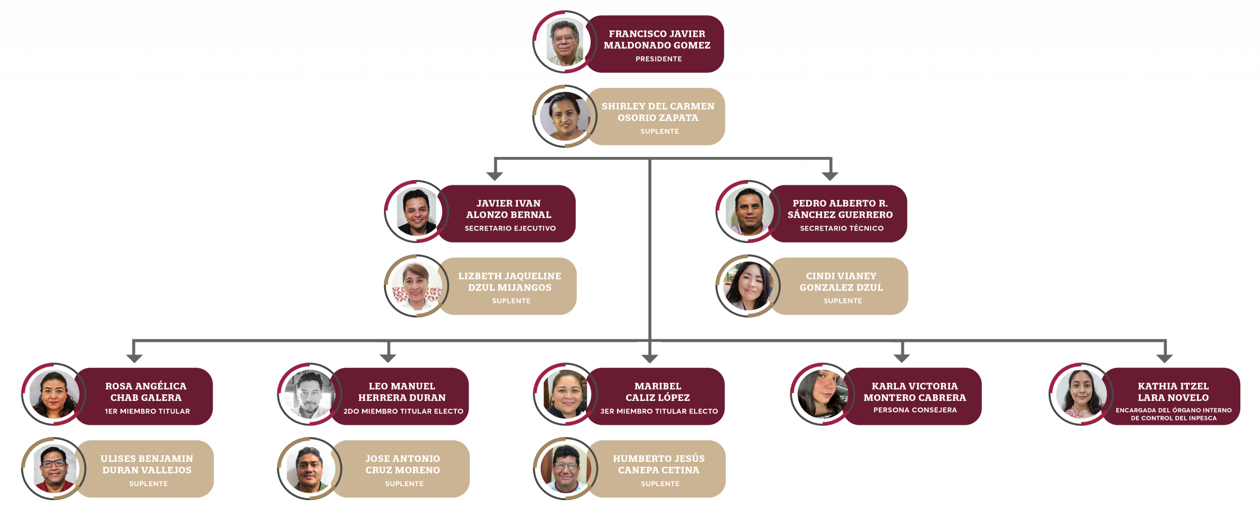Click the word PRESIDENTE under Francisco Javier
click(x=659, y=59)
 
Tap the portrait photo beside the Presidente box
click(x=565, y=42)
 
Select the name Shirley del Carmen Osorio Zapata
click(x=658, y=112)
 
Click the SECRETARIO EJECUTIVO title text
click(x=510, y=228)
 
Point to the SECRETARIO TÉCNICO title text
click(x=841, y=228)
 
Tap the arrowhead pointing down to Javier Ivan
click(x=494, y=176)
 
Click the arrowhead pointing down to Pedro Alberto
click(x=830, y=176)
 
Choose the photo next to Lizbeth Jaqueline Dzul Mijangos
click(x=416, y=286)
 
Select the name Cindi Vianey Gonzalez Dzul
click(x=841, y=282)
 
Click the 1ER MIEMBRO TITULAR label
click(x=147, y=411)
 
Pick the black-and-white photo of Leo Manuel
click(x=310, y=395)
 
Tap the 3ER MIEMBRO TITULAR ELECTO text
click(x=659, y=411)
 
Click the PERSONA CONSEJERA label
click(x=915, y=410)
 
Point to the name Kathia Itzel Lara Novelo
click(x=1173, y=392)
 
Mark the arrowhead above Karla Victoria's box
click(x=901, y=358)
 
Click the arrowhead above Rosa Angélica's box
click(x=134, y=358)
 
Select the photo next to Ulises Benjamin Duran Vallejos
click(x=54, y=469)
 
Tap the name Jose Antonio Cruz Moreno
click(x=403, y=464)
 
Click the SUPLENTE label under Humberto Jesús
click(x=660, y=484)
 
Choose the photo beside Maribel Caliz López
click(x=566, y=395)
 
